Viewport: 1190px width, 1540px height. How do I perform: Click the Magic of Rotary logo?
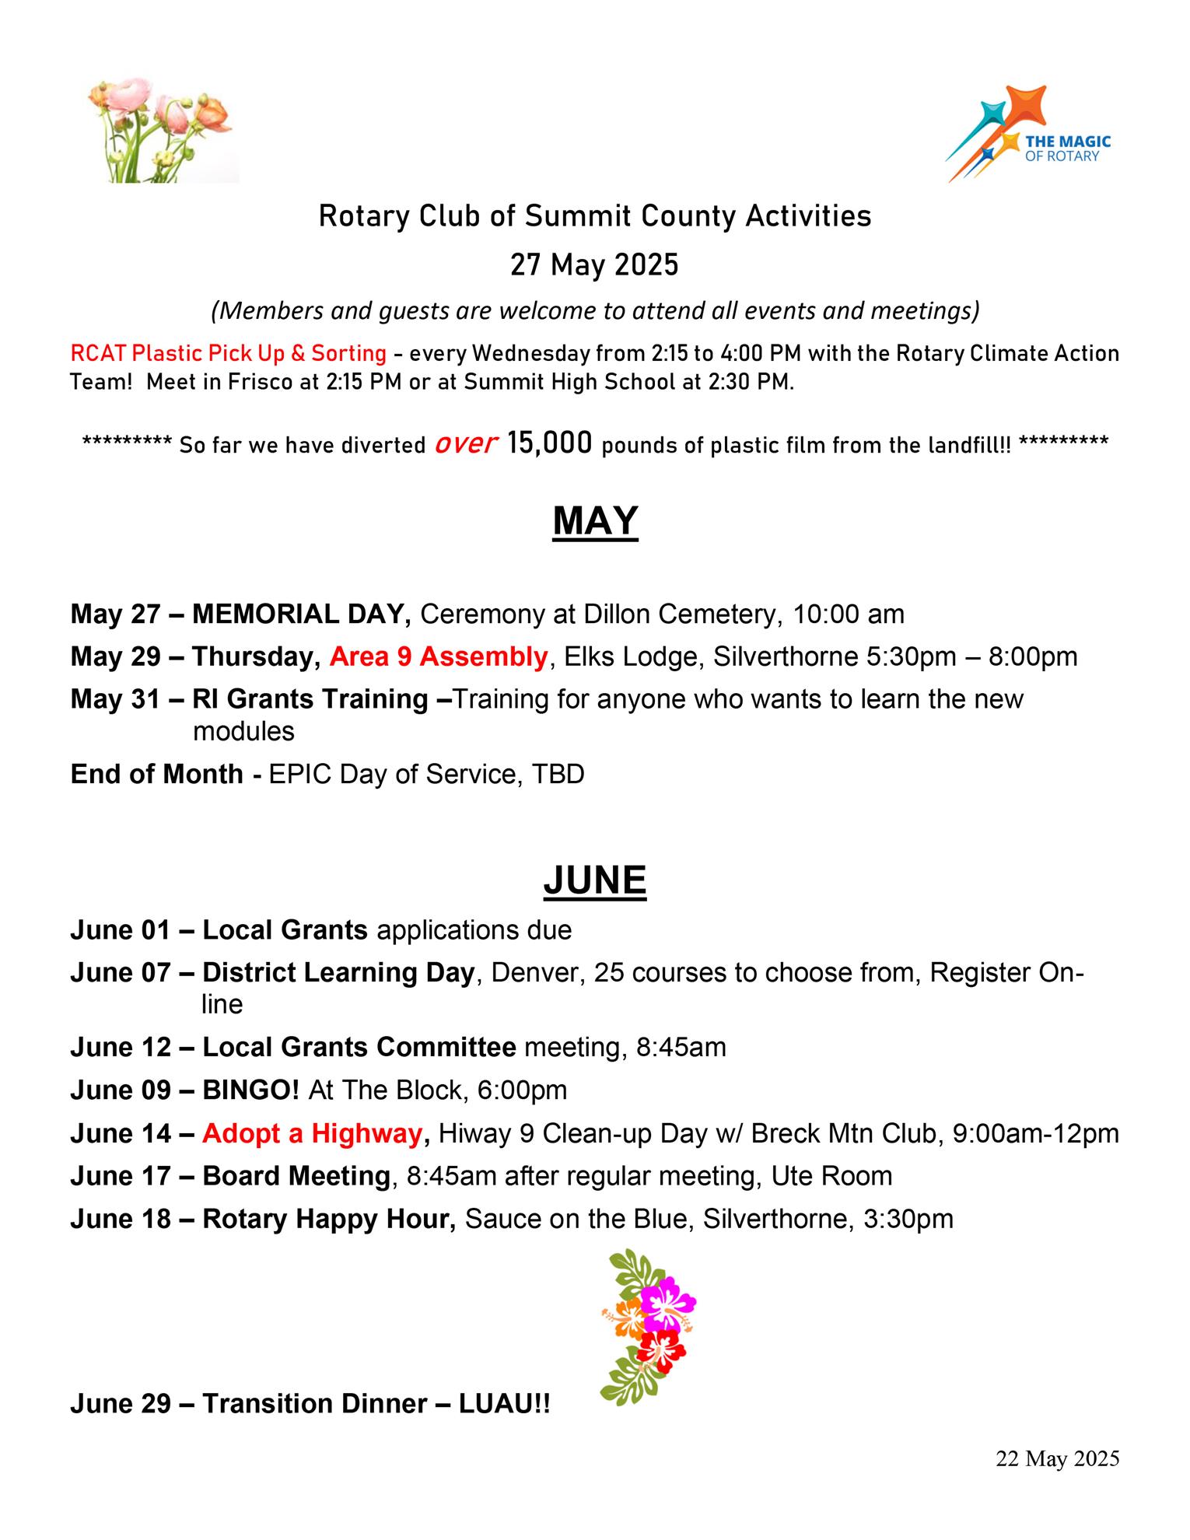pos(1027,134)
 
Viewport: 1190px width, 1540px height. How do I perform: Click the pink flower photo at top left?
pos(162,130)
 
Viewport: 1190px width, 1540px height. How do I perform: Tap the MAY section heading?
pos(595,521)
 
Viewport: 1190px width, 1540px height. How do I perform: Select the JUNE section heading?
pos(595,880)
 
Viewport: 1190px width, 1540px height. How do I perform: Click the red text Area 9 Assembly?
pos(439,657)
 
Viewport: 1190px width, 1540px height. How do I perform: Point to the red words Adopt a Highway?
pos(311,1134)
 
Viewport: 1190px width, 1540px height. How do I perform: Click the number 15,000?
pos(550,443)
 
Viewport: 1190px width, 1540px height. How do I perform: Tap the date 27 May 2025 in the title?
pos(594,266)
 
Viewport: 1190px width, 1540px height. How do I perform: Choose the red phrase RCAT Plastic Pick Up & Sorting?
pos(228,354)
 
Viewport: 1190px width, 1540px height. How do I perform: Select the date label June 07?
pos(120,973)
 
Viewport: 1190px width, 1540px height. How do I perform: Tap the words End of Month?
pos(156,775)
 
